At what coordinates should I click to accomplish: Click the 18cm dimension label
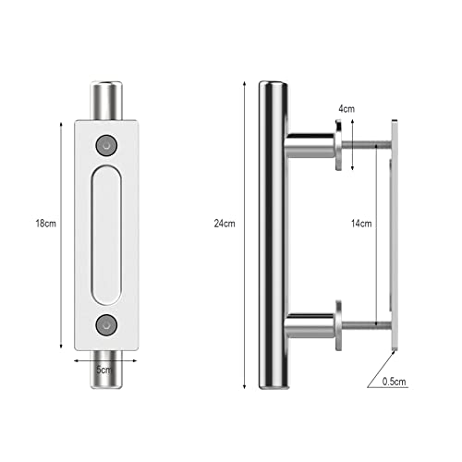pyautogui.click(x=46, y=223)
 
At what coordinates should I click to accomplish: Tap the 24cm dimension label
pyautogui.click(x=225, y=224)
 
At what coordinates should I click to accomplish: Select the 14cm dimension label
pyautogui.click(x=361, y=224)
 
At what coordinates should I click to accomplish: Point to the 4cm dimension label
pyautogui.click(x=346, y=109)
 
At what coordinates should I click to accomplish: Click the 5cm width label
pyautogui.click(x=103, y=370)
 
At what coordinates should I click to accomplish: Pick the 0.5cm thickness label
pyautogui.click(x=394, y=382)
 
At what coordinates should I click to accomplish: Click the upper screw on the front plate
pyautogui.click(x=106, y=145)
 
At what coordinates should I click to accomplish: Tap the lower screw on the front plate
pyautogui.click(x=106, y=325)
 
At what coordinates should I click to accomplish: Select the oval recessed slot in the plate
pyautogui.click(x=106, y=236)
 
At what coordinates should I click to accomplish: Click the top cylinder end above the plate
pyautogui.click(x=106, y=100)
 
